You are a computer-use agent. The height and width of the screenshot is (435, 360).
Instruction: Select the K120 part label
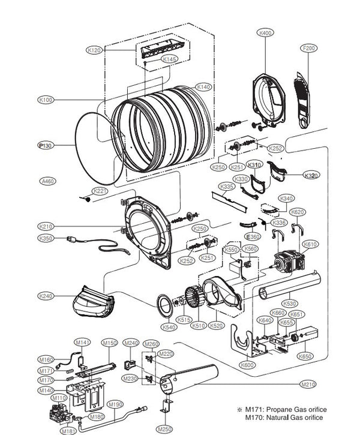pos(95,50)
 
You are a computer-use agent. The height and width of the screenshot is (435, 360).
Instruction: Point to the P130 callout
pos(46,145)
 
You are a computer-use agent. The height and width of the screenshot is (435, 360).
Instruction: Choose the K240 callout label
pos(46,296)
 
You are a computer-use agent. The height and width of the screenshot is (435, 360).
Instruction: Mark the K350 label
pos(46,239)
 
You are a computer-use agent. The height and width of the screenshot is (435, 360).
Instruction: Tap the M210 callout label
pos(308,384)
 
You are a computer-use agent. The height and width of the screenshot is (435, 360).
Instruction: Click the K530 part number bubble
pos(290,304)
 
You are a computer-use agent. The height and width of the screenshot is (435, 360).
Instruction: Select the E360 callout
pos(253,237)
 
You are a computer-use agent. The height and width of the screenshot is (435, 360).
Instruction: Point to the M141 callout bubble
pos(82,342)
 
